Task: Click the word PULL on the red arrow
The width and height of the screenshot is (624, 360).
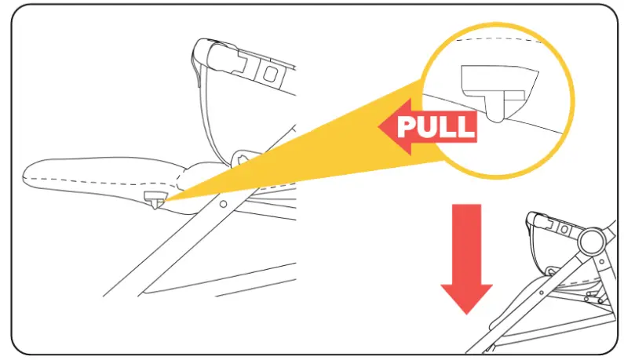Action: (436, 126)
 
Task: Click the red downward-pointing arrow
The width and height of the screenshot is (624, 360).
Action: (466, 259)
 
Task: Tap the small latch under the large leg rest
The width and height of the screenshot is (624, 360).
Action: (154, 199)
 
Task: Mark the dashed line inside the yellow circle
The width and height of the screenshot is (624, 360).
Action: (498, 39)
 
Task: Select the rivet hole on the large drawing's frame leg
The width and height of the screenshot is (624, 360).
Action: (223, 204)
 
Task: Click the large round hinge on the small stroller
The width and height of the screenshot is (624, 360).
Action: (592, 242)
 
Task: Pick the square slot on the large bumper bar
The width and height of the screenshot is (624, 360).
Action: (270, 74)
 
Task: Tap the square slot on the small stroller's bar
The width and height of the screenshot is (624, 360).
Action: (564, 230)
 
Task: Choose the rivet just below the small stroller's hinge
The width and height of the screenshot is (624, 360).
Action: (602, 261)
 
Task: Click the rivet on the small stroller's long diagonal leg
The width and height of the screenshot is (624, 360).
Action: (542, 293)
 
